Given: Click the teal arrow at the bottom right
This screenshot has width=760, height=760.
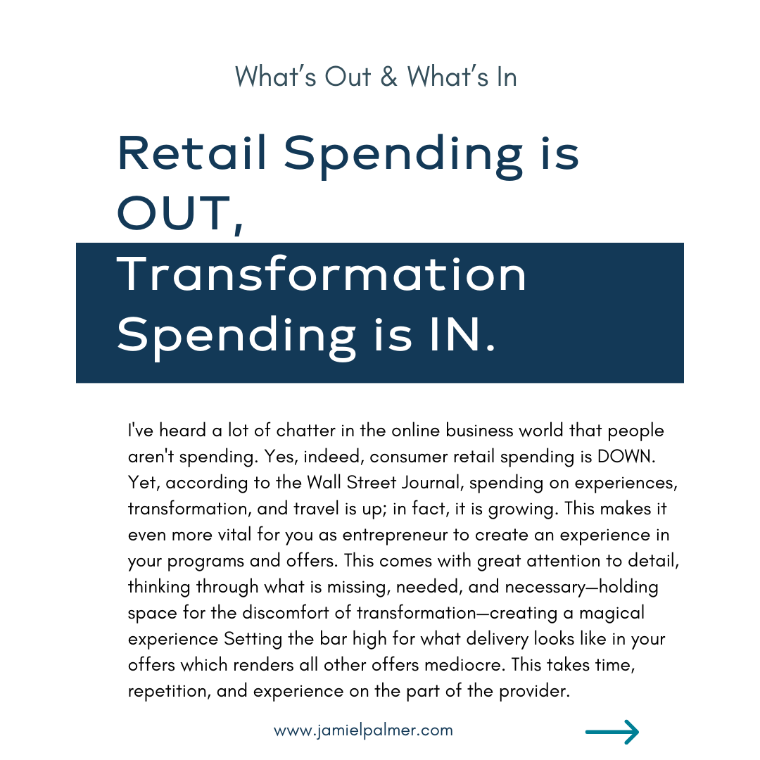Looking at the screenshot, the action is [612, 731].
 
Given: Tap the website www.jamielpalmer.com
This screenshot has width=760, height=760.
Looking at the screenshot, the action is [363, 730].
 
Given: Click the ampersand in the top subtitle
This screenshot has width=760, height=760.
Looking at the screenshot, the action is [388, 77].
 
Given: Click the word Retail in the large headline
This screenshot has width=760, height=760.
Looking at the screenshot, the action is [192, 153].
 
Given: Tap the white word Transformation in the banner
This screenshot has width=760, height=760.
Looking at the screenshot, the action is [322, 274].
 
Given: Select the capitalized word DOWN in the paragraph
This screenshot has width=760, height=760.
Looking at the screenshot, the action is [626, 457].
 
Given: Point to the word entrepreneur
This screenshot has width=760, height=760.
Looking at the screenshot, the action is [395, 536].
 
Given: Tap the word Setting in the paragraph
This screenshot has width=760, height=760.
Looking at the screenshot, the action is [253, 640].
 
